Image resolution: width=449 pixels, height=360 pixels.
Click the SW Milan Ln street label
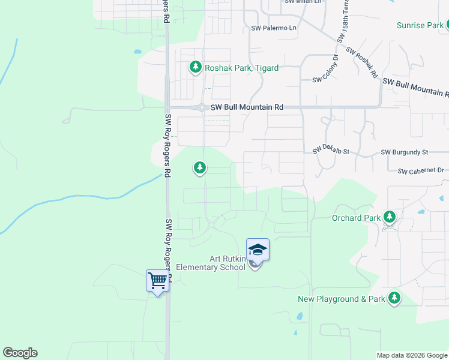(x=303, y=2)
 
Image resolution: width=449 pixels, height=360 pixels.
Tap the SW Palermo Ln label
(x=274, y=28)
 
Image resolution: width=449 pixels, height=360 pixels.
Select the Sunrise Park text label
(x=420, y=25)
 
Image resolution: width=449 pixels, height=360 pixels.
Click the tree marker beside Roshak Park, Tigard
(x=195, y=67)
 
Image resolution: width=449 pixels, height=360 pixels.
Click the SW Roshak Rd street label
(x=362, y=64)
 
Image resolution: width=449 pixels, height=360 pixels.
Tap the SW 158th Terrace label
(x=341, y=24)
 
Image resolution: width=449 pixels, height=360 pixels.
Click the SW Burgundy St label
(x=404, y=152)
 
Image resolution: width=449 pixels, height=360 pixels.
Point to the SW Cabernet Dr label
(x=420, y=171)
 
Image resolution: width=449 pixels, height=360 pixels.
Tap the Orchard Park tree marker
(x=390, y=217)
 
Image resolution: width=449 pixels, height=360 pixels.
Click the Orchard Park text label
(x=356, y=218)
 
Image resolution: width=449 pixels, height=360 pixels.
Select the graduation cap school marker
(x=258, y=249)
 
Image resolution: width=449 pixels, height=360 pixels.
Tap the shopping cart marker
(x=157, y=280)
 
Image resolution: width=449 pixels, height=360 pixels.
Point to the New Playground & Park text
(x=342, y=299)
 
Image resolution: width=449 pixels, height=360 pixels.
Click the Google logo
(x=20, y=353)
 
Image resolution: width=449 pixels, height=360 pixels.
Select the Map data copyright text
(x=411, y=355)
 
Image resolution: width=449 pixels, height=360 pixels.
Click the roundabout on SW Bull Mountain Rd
(x=203, y=108)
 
